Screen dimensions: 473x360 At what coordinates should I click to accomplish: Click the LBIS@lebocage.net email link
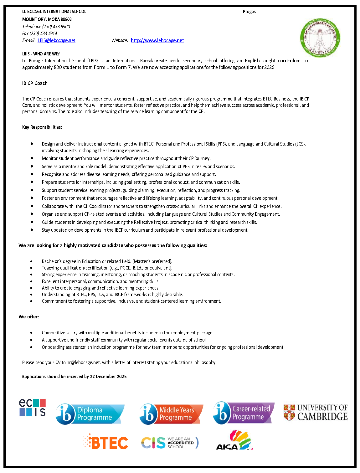coord(56,40)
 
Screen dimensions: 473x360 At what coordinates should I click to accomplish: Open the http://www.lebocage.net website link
coord(157,40)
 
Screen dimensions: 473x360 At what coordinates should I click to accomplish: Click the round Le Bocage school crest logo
coord(320,38)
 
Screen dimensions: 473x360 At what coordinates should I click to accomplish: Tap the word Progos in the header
coord(249,12)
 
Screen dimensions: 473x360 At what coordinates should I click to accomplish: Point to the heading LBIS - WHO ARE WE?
coord(41,54)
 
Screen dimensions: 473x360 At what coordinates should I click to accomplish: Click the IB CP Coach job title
coord(35,83)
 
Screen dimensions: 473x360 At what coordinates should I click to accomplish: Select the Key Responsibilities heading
coord(42,127)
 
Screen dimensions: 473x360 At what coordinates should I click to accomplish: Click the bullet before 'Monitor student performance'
coord(32,158)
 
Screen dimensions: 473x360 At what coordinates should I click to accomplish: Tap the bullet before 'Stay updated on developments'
coord(32,230)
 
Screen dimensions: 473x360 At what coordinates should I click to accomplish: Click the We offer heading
coord(29,317)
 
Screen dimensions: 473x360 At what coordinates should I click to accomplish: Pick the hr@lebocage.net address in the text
coord(83,362)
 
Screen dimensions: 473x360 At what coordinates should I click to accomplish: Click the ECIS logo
coord(33,407)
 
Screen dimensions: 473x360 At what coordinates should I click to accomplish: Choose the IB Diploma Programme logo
coord(90,414)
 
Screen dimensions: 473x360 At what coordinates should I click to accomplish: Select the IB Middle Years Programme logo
coord(171,414)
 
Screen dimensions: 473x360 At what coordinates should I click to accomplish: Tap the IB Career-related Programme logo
coord(244,413)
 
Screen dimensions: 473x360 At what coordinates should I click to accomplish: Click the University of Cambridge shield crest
coord(289,412)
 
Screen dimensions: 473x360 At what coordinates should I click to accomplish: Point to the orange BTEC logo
coord(106,442)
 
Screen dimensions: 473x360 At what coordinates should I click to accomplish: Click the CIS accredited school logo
coord(170,443)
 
